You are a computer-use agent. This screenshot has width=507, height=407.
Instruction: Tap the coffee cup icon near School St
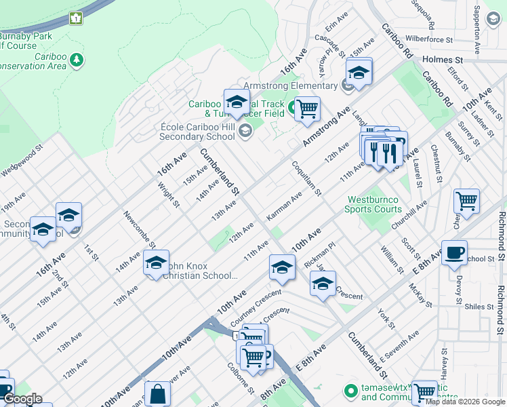pos(453,252)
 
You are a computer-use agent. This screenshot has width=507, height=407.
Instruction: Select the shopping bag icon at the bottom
pos(157,393)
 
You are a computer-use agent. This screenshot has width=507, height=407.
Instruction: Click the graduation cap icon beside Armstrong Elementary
pos(359,71)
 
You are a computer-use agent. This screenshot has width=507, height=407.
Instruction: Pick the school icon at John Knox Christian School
pos(156,262)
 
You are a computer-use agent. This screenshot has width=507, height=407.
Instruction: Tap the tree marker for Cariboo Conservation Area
pos(77,60)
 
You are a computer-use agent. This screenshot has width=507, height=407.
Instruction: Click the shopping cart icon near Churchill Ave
pos(466,201)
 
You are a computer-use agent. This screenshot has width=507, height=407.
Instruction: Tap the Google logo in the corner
pos(22,399)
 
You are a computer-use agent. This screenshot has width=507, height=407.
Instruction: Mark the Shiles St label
pos(479,307)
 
